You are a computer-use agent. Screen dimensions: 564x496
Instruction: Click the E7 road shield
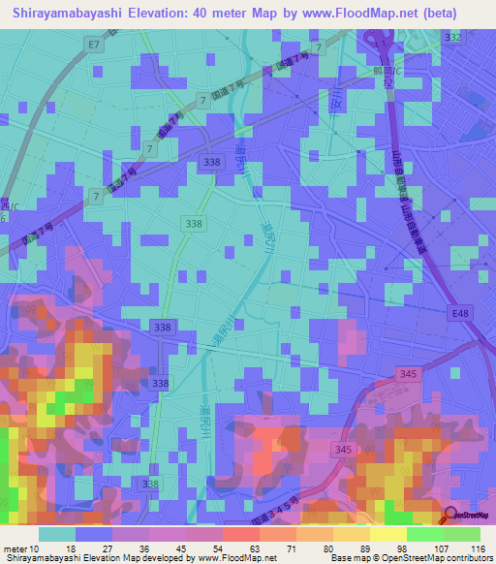[x=93, y=46]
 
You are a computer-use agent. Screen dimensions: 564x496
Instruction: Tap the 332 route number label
[x=452, y=37]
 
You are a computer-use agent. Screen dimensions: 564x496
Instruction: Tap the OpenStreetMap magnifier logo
[x=452, y=517]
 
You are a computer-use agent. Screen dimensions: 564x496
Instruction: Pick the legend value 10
[x=37, y=548]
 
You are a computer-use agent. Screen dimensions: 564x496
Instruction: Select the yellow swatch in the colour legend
[x=389, y=534]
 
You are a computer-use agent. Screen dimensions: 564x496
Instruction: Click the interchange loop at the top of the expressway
[x=378, y=44]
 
